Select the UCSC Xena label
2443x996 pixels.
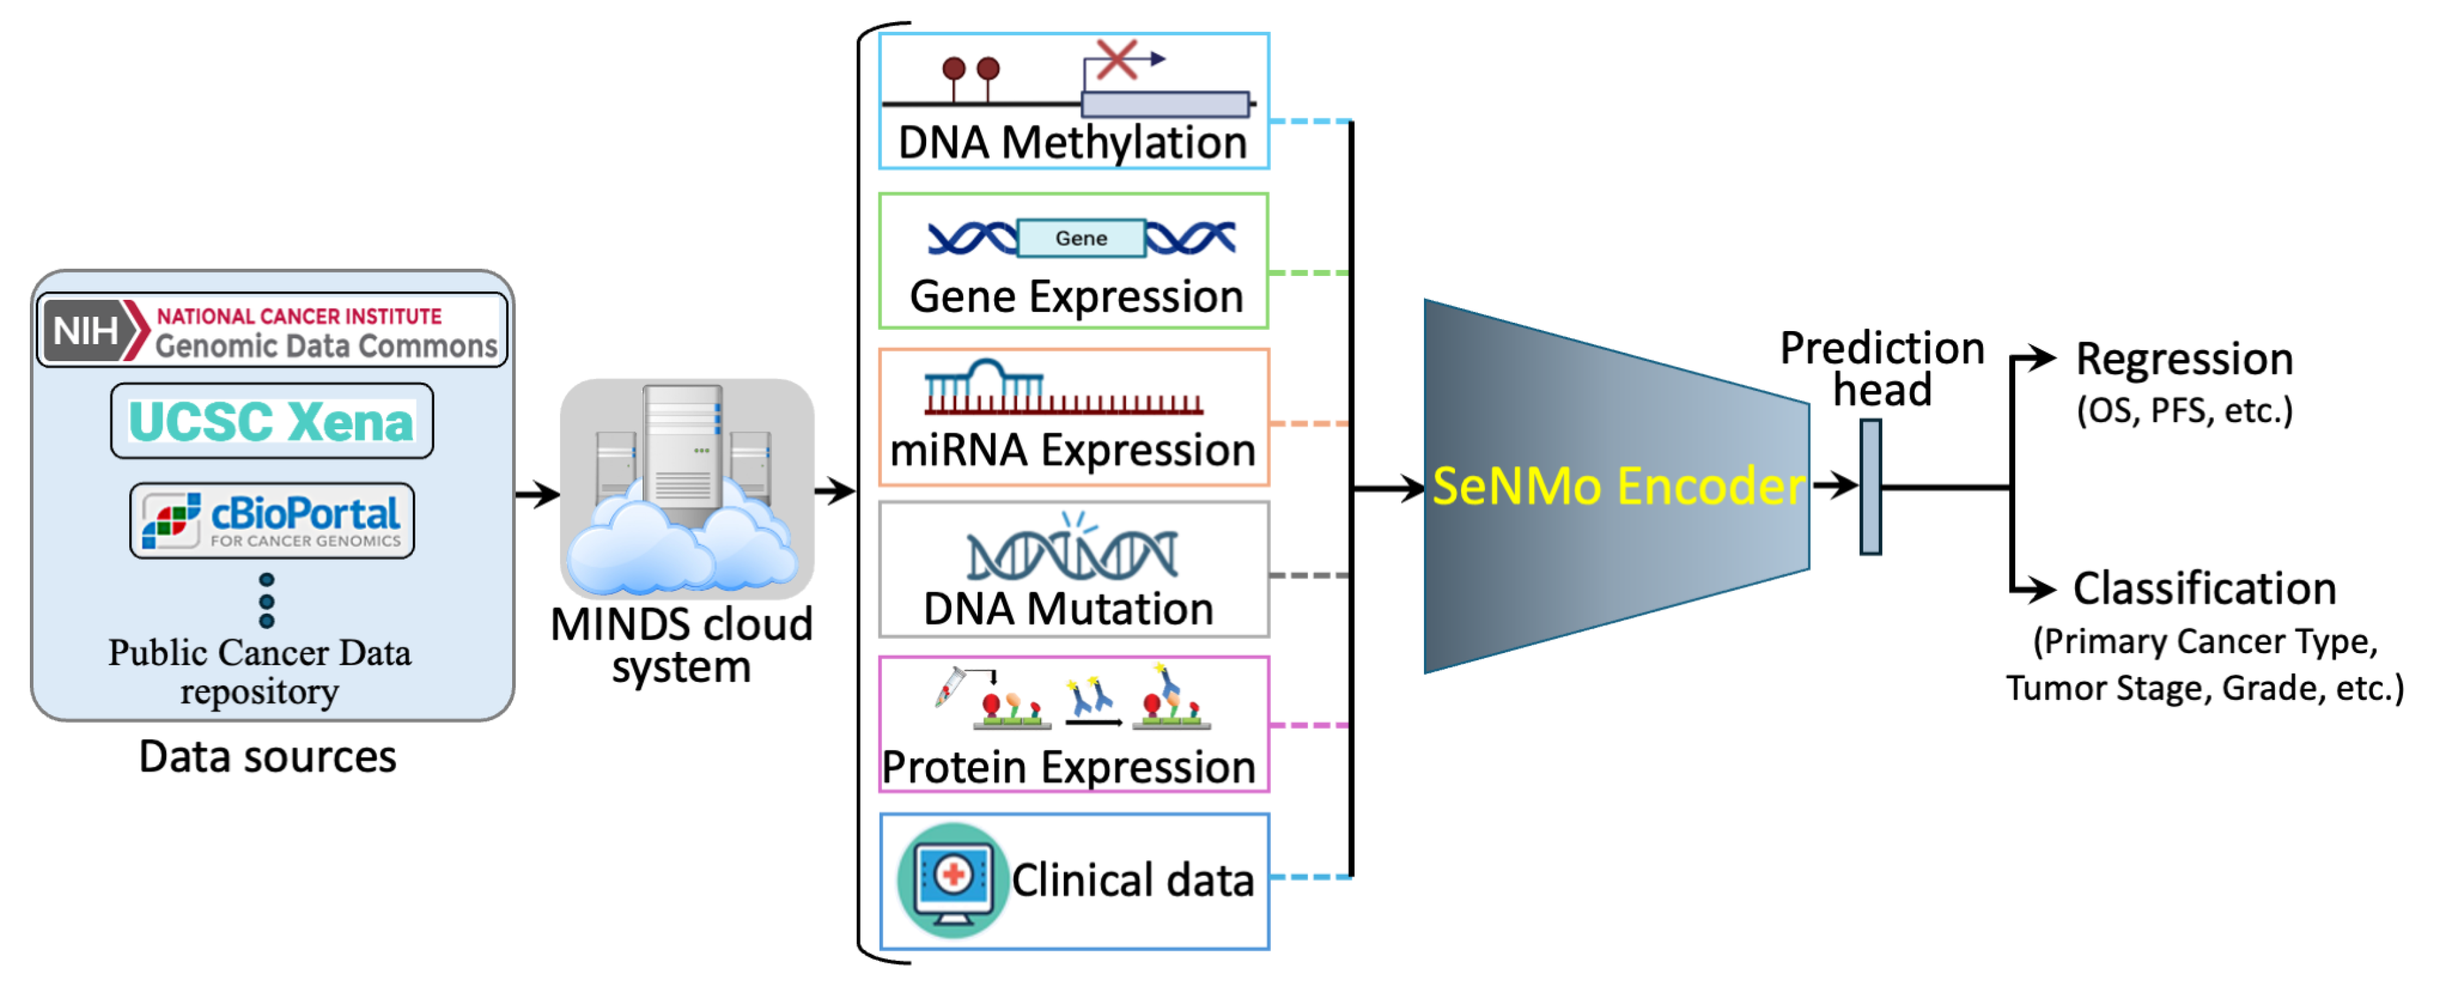click(x=271, y=422)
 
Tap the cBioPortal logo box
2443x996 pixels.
click(x=272, y=521)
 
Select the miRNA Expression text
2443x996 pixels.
click(x=1073, y=451)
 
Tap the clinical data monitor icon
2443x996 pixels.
click(x=951, y=879)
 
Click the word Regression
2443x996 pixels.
click(x=2184, y=360)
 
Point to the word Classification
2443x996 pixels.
click(x=2204, y=589)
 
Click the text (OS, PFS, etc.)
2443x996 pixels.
click(x=2184, y=411)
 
